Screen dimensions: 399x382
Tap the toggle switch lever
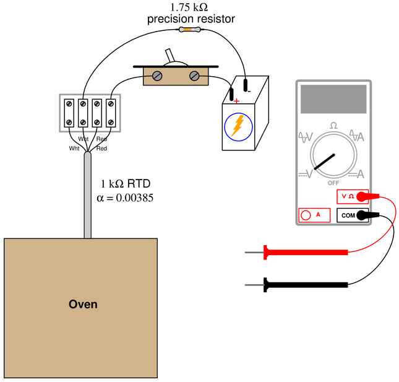pyautogui.click(x=169, y=55)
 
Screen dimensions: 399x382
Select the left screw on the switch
pyautogui.click(x=157, y=76)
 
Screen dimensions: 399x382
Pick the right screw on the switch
pyautogui.click(x=194, y=76)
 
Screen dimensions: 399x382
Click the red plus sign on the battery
pyautogui.click(x=237, y=102)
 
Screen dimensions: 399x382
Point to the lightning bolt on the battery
pyautogui.click(x=238, y=126)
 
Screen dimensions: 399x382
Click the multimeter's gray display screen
pyautogui.click(x=333, y=99)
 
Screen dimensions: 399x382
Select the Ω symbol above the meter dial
pyautogui.click(x=333, y=126)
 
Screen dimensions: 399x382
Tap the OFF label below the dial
pyautogui.click(x=333, y=183)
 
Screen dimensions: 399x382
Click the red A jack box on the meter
pyautogui.click(x=314, y=215)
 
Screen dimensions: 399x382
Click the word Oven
pyautogui.click(x=83, y=305)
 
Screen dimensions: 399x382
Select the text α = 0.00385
pyautogui.click(x=125, y=198)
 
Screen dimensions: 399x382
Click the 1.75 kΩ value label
pyautogui.click(x=189, y=7)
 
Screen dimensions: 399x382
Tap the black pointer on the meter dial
pyautogui.click(x=324, y=162)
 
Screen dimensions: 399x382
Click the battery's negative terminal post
pyautogui.click(x=246, y=85)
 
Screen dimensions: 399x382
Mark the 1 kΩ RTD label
pyautogui.click(x=126, y=184)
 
